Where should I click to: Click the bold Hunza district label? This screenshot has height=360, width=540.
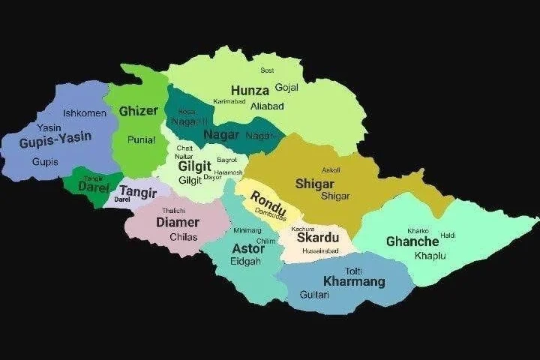pos(250,90)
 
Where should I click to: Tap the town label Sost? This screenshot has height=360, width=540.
pos(267,70)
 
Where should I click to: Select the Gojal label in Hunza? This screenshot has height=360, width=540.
pos(287,88)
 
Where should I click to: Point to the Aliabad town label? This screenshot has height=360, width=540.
pos(267,106)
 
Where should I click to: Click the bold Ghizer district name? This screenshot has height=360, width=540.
pos(139,111)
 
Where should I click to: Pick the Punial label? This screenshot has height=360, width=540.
pos(141,139)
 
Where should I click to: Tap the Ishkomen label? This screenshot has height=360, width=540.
pos(85,113)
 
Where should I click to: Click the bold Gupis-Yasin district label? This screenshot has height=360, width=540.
pos(55,139)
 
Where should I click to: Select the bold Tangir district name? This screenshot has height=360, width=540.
pos(138,190)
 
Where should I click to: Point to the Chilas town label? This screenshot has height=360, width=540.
pos(183,237)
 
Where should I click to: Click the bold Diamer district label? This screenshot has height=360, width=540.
pos(178,222)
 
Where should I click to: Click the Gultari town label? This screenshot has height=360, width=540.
pos(315,295)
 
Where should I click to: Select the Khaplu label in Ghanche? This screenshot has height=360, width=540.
pos(430,256)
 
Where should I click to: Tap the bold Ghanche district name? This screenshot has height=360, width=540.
pos(412,241)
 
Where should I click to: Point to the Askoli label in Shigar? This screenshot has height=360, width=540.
pos(331,170)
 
